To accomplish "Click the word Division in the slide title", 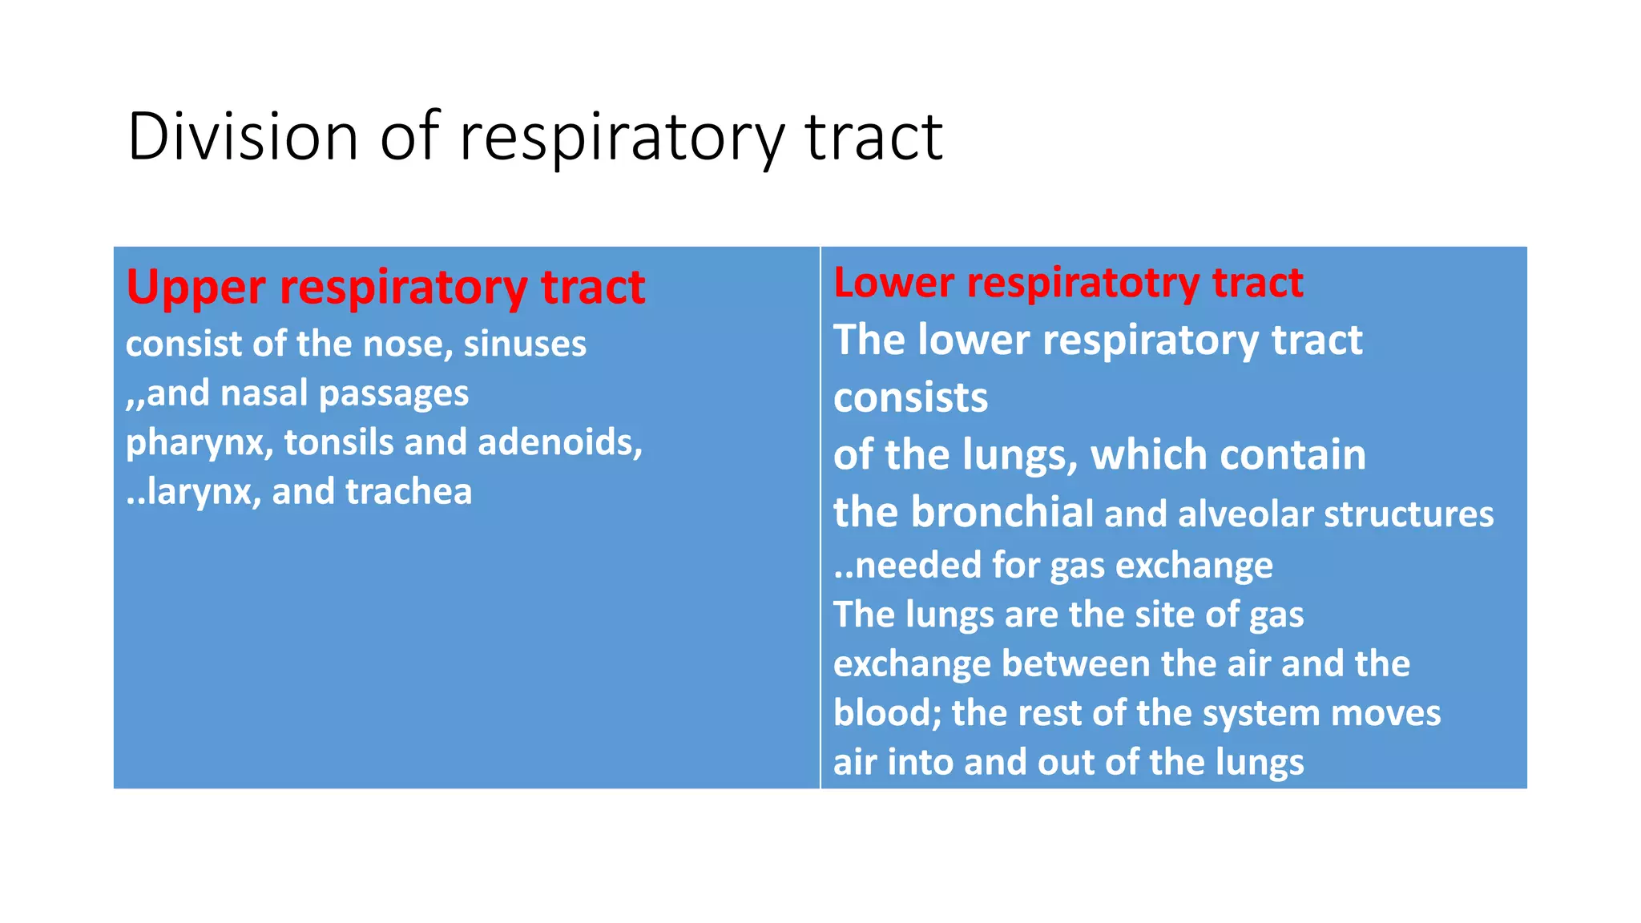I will tap(242, 136).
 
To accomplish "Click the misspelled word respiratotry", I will tap(1083, 283).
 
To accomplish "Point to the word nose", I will tap(398, 345).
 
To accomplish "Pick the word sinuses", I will tap(525, 344).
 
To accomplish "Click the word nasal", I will tap(264, 393).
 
